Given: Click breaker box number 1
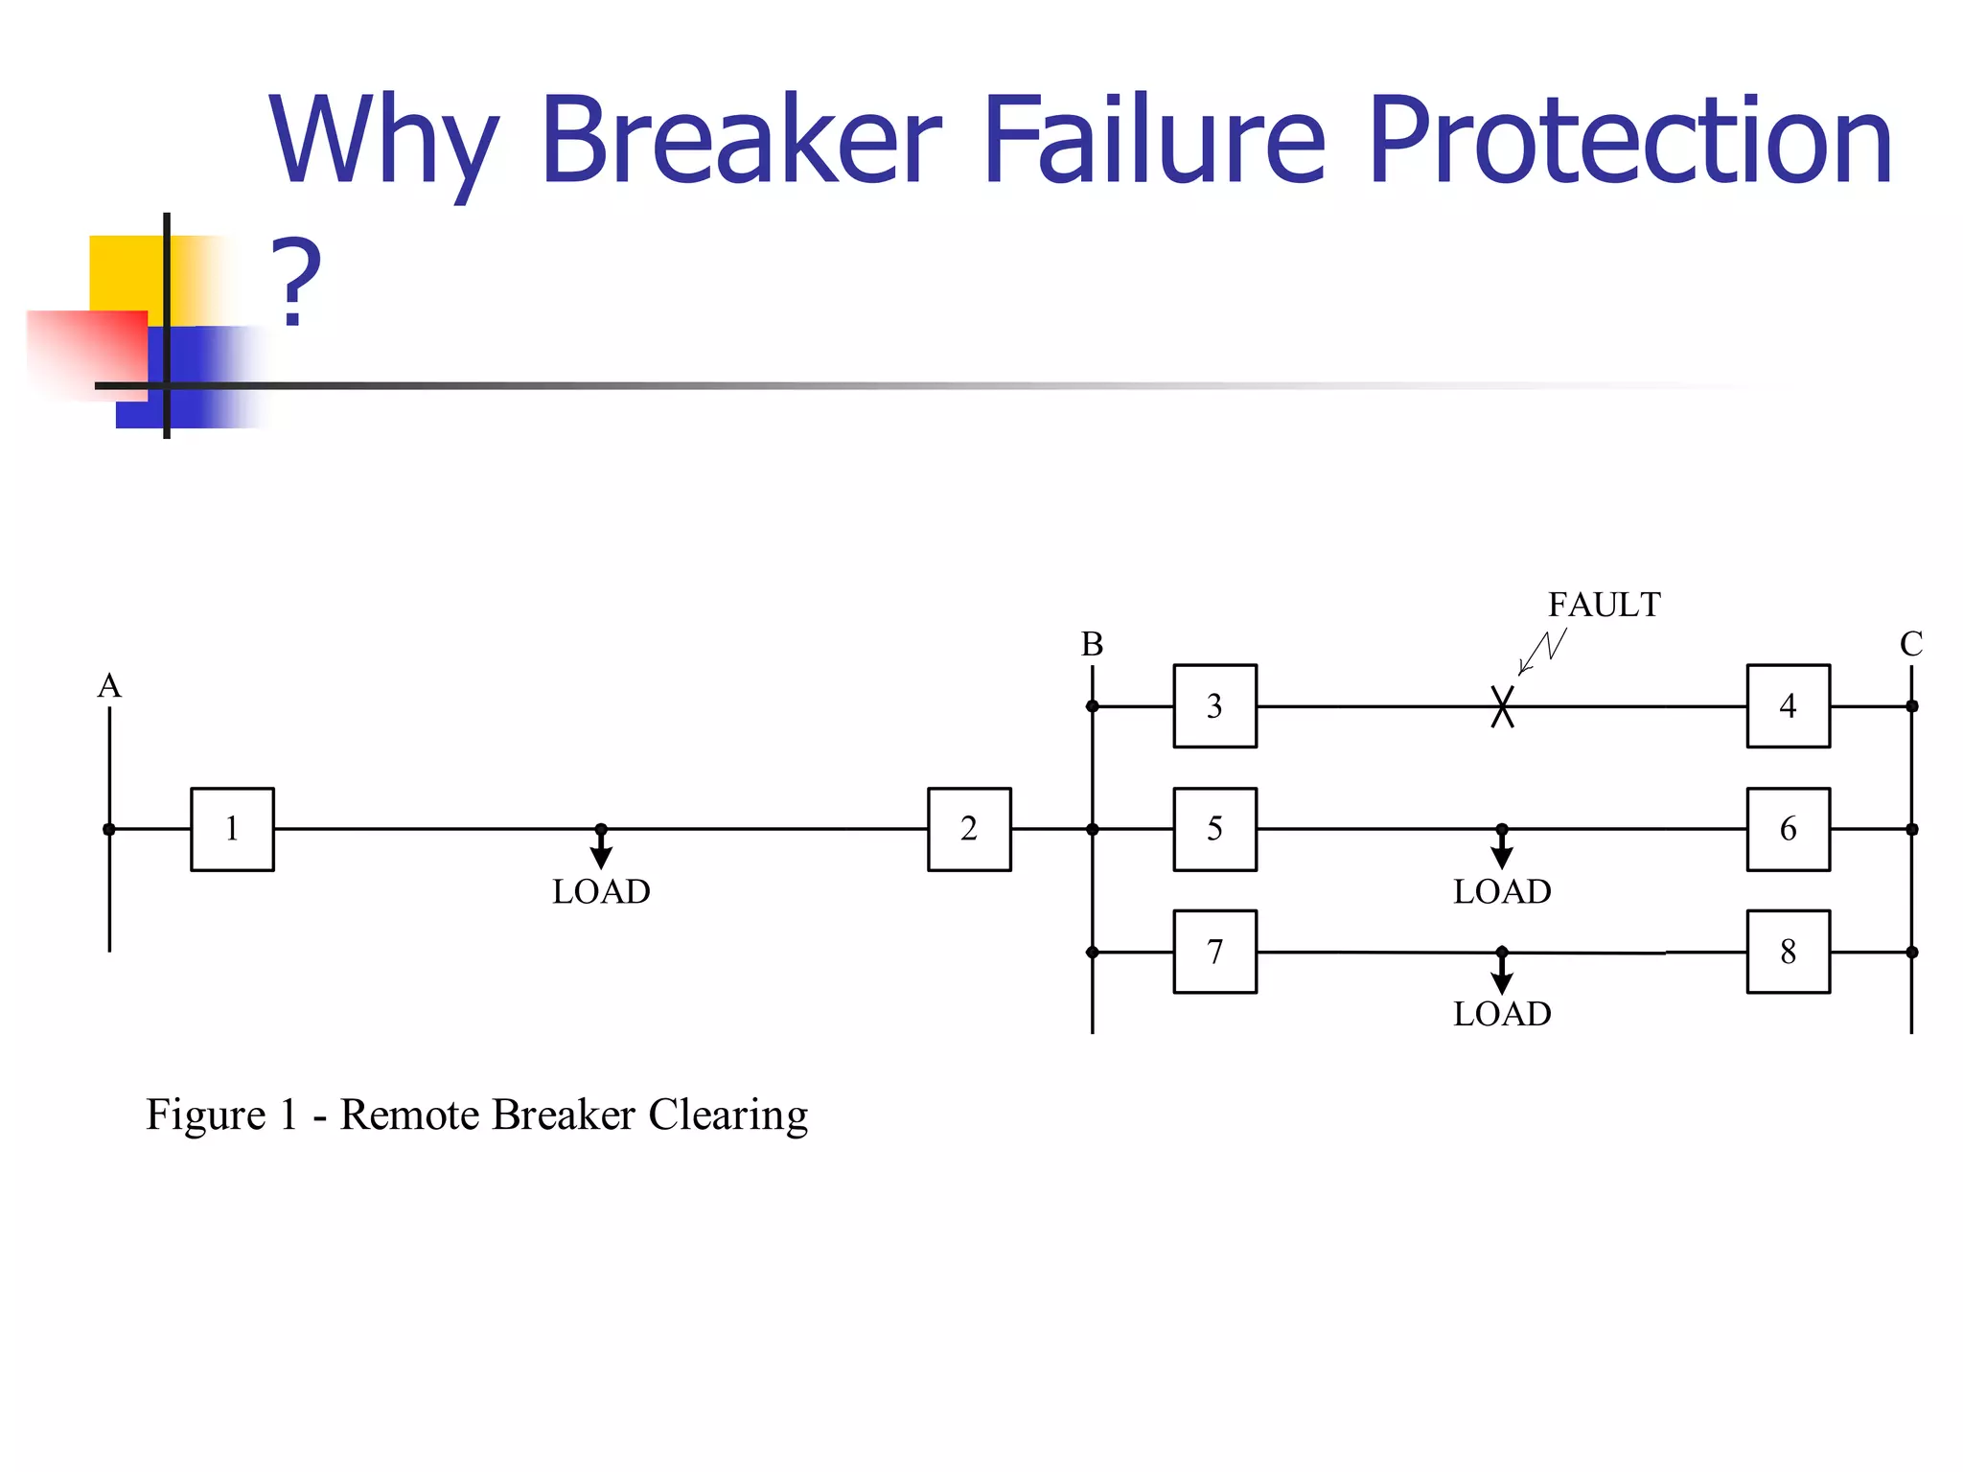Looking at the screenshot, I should (232, 829).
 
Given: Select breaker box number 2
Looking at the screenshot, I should (969, 829).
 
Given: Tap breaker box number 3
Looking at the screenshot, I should (1214, 706).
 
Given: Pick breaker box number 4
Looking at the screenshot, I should (1788, 706).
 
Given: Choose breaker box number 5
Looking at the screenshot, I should (1214, 829).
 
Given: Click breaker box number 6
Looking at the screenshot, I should (1788, 829).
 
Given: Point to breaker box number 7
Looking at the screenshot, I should (1214, 952).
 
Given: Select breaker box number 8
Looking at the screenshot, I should (1788, 952).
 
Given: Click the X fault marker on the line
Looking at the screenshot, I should (1502, 707).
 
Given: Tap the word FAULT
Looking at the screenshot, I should (1604, 605).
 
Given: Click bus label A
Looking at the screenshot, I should (109, 686).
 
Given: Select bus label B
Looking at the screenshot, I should (1092, 644).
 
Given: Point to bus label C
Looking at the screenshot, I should (1911, 644).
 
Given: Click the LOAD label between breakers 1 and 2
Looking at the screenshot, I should (601, 891).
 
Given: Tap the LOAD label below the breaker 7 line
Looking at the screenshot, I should (1502, 1014).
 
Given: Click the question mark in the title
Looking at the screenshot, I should (295, 283).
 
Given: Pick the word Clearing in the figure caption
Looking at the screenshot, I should (727, 1115).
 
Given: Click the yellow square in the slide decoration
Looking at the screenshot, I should (125, 273).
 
